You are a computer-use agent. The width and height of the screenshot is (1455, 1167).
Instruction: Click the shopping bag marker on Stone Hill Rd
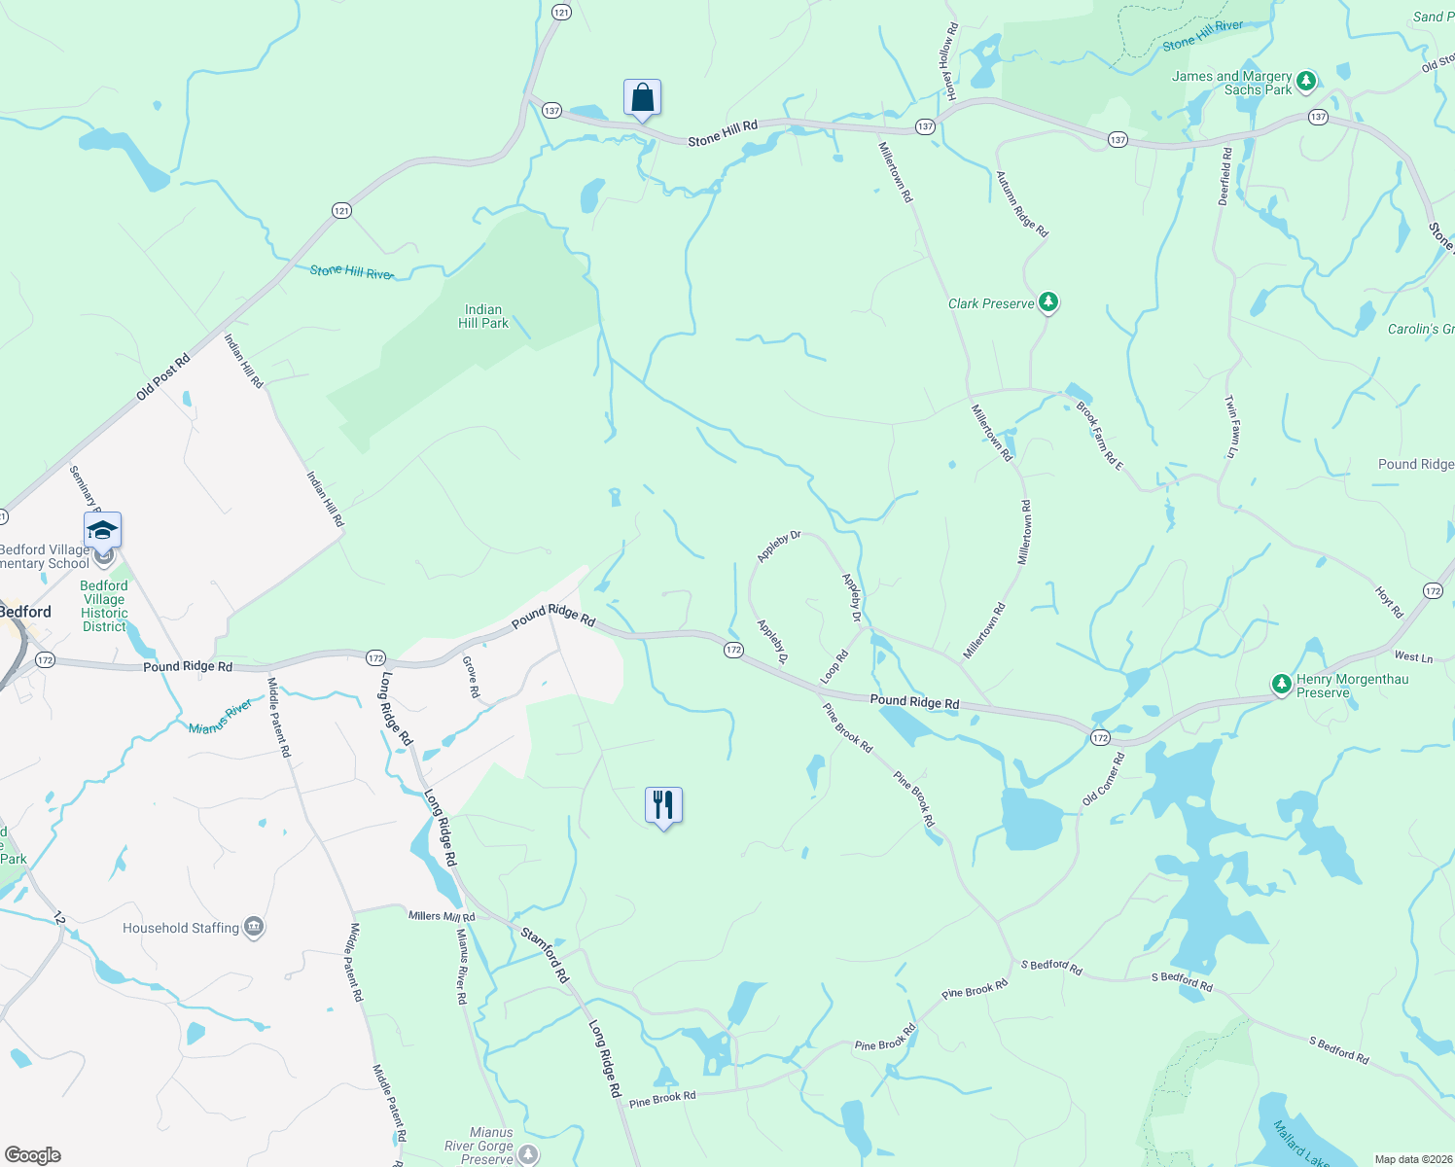click(642, 98)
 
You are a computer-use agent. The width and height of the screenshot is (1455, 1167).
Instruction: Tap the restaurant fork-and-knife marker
click(663, 805)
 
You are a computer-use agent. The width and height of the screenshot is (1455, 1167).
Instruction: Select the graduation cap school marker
click(102, 531)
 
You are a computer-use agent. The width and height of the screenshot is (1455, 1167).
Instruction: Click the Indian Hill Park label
click(483, 316)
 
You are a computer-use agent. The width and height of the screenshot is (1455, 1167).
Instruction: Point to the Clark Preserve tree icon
click(1047, 302)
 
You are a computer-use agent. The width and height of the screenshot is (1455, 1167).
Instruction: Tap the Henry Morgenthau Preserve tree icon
click(1282, 685)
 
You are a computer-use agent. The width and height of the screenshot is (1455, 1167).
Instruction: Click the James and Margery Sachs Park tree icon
click(1306, 82)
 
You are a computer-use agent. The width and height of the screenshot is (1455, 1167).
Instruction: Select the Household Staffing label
click(181, 928)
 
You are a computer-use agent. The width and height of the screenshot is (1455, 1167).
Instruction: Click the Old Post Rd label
click(162, 377)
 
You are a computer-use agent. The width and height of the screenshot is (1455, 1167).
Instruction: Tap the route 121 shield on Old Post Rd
click(341, 210)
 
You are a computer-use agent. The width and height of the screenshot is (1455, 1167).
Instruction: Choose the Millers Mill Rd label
click(442, 916)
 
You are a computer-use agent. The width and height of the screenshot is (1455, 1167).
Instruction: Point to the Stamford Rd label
click(543, 954)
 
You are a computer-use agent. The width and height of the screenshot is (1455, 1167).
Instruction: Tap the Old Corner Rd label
click(1103, 779)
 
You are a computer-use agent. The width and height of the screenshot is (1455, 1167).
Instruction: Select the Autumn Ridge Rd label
click(1021, 204)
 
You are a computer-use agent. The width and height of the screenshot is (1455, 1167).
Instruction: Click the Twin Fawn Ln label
click(1231, 426)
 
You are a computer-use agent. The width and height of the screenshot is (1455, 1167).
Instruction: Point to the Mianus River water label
click(221, 716)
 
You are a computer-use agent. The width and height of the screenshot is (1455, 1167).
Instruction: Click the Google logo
click(33, 1155)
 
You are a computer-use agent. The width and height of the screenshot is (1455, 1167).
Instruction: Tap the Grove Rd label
click(471, 677)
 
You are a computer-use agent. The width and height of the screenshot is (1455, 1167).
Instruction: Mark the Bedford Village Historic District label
click(104, 606)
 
